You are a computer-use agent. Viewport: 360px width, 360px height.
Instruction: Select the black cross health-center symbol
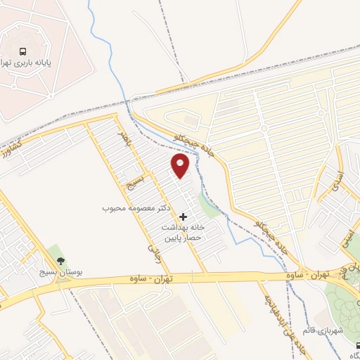[x=184, y=217]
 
